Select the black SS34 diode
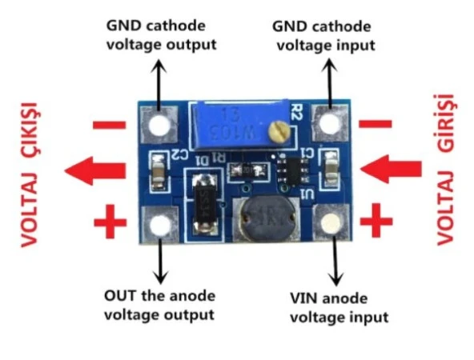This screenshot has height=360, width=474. tap(203, 201)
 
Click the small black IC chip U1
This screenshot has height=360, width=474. tap(292, 169)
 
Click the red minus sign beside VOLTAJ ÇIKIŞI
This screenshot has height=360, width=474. tap(110, 125)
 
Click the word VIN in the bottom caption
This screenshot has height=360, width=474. tap(303, 298)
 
